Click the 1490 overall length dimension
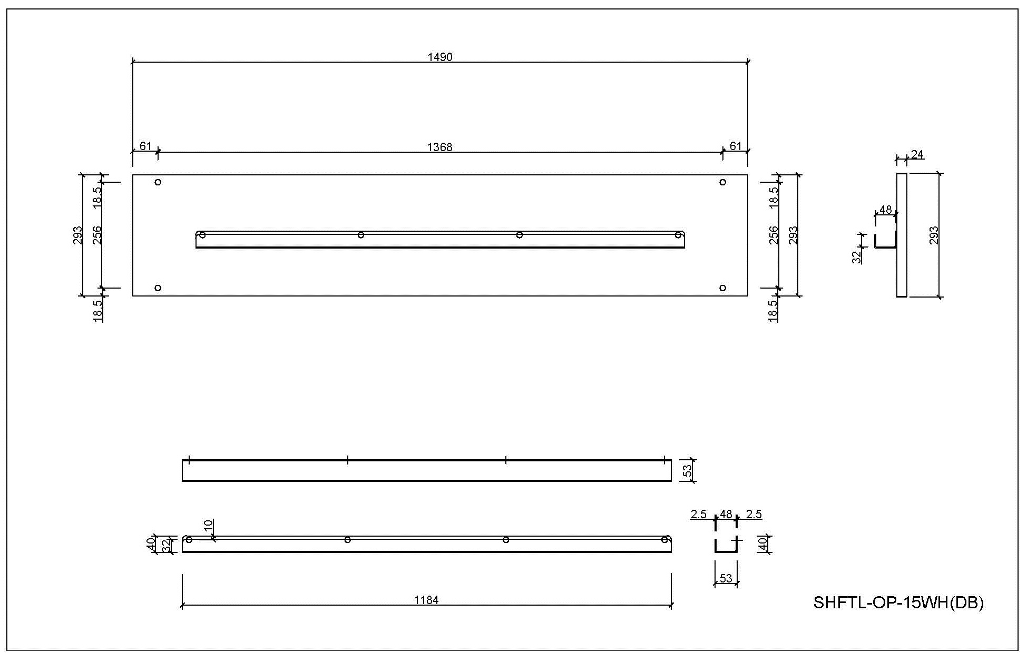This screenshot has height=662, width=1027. tap(440, 57)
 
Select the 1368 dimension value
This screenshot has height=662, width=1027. tap(439, 147)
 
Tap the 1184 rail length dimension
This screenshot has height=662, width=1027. tap(426, 600)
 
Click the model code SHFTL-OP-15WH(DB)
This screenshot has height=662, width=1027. tap(898, 602)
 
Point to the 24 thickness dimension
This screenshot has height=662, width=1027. tap(917, 154)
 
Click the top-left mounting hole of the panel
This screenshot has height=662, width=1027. tap(158, 182)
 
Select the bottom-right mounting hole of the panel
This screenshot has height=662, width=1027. tap(722, 288)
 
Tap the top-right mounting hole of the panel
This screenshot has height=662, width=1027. tap(722, 182)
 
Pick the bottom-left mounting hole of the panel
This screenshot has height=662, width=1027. tap(158, 288)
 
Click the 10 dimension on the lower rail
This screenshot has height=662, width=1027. tap(208, 526)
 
